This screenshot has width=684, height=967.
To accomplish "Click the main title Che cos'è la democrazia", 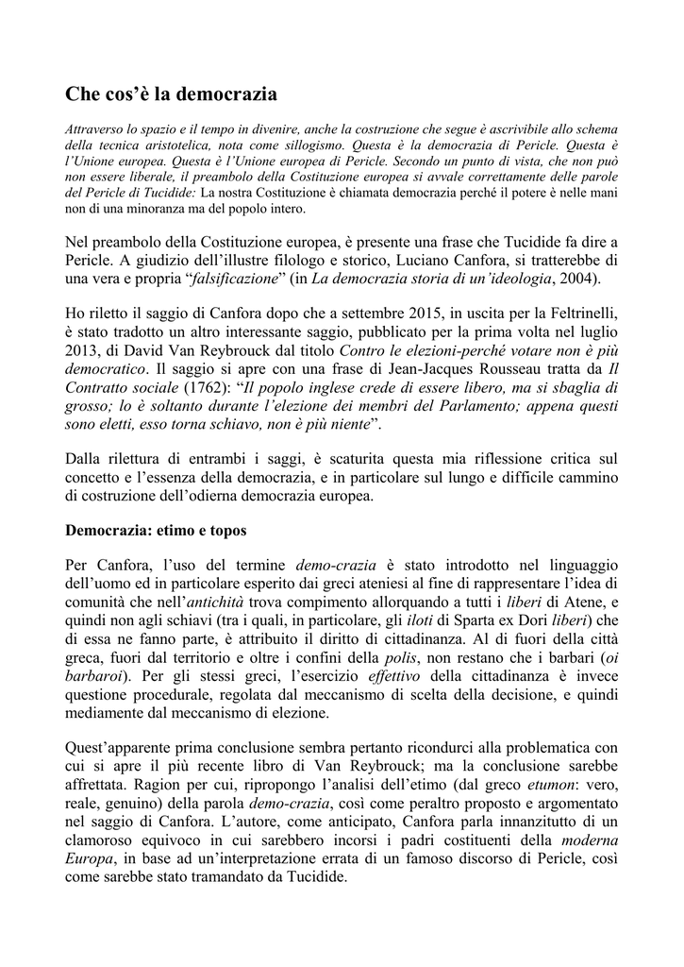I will tap(171, 93).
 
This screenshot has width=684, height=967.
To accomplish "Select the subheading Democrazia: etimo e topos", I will tap(155, 530).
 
